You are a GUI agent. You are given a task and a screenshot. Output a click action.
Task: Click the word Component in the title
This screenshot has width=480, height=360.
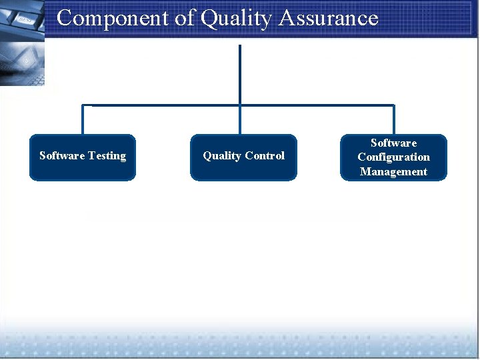[112, 18]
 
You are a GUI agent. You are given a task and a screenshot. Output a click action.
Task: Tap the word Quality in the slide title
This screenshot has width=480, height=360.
[237, 19]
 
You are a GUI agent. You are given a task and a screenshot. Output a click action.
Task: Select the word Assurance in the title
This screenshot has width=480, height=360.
[328, 18]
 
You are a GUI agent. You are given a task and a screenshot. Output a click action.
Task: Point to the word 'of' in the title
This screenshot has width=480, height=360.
[184, 18]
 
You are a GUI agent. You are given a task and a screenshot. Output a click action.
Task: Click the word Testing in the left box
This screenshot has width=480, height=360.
[107, 156]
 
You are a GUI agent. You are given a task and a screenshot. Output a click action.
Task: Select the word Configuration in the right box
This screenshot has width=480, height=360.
[393, 157]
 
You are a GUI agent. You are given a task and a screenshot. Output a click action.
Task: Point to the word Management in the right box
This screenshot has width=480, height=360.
[393, 172]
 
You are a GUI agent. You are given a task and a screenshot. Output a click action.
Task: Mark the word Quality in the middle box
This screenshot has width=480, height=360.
[222, 156]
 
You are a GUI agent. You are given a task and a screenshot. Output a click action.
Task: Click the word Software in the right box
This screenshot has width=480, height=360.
[393, 143]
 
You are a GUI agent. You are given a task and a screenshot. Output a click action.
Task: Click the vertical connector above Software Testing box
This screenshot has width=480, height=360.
[83, 120]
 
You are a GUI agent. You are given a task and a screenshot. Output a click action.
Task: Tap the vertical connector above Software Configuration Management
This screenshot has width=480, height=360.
[393, 120]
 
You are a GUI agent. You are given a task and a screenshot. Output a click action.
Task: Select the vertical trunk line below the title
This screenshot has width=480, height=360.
[239, 73]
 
